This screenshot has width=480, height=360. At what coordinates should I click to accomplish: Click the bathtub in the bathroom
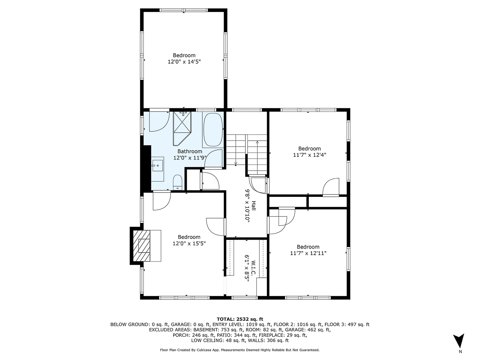click(x=213, y=130)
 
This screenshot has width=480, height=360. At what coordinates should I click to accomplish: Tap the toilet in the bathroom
click(x=178, y=184)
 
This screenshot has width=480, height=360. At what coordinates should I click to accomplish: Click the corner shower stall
click(x=182, y=127)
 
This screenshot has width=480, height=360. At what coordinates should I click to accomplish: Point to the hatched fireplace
click(x=142, y=245)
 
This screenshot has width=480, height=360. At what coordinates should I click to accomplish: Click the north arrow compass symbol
click(x=460, y=341)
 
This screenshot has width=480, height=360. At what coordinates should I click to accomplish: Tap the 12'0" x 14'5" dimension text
click(x=184, y=62)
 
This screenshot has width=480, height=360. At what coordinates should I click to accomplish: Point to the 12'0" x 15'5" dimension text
click(x=189, y=243)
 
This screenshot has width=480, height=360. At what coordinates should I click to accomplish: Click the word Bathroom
click(x=190, y=151)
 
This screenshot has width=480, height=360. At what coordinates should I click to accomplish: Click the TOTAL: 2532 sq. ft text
click(x=240, y=319)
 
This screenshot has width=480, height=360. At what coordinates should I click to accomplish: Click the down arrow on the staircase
click(x=236, y=163)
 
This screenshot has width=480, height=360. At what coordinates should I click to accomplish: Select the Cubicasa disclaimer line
click(x=240, y=350)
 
